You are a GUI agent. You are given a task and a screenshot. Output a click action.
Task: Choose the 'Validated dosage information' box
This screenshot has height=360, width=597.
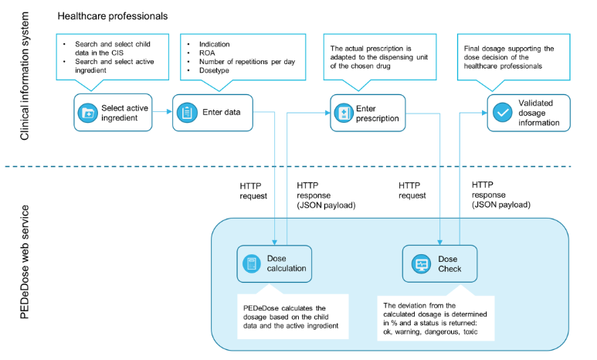[528, 113]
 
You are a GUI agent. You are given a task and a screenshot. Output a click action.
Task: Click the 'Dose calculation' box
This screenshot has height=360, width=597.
[274, 264]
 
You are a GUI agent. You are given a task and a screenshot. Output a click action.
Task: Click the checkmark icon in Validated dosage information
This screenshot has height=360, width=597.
[503, 113]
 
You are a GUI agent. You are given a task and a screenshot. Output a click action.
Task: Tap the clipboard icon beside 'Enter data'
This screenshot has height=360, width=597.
[188, 113]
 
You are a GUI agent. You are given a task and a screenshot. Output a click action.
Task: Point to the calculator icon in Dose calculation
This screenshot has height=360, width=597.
[251, 264]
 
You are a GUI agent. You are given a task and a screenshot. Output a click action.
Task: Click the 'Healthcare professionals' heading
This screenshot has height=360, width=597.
[113, 15]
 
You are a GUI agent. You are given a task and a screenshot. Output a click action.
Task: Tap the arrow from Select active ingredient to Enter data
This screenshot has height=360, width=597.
[161, 113]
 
